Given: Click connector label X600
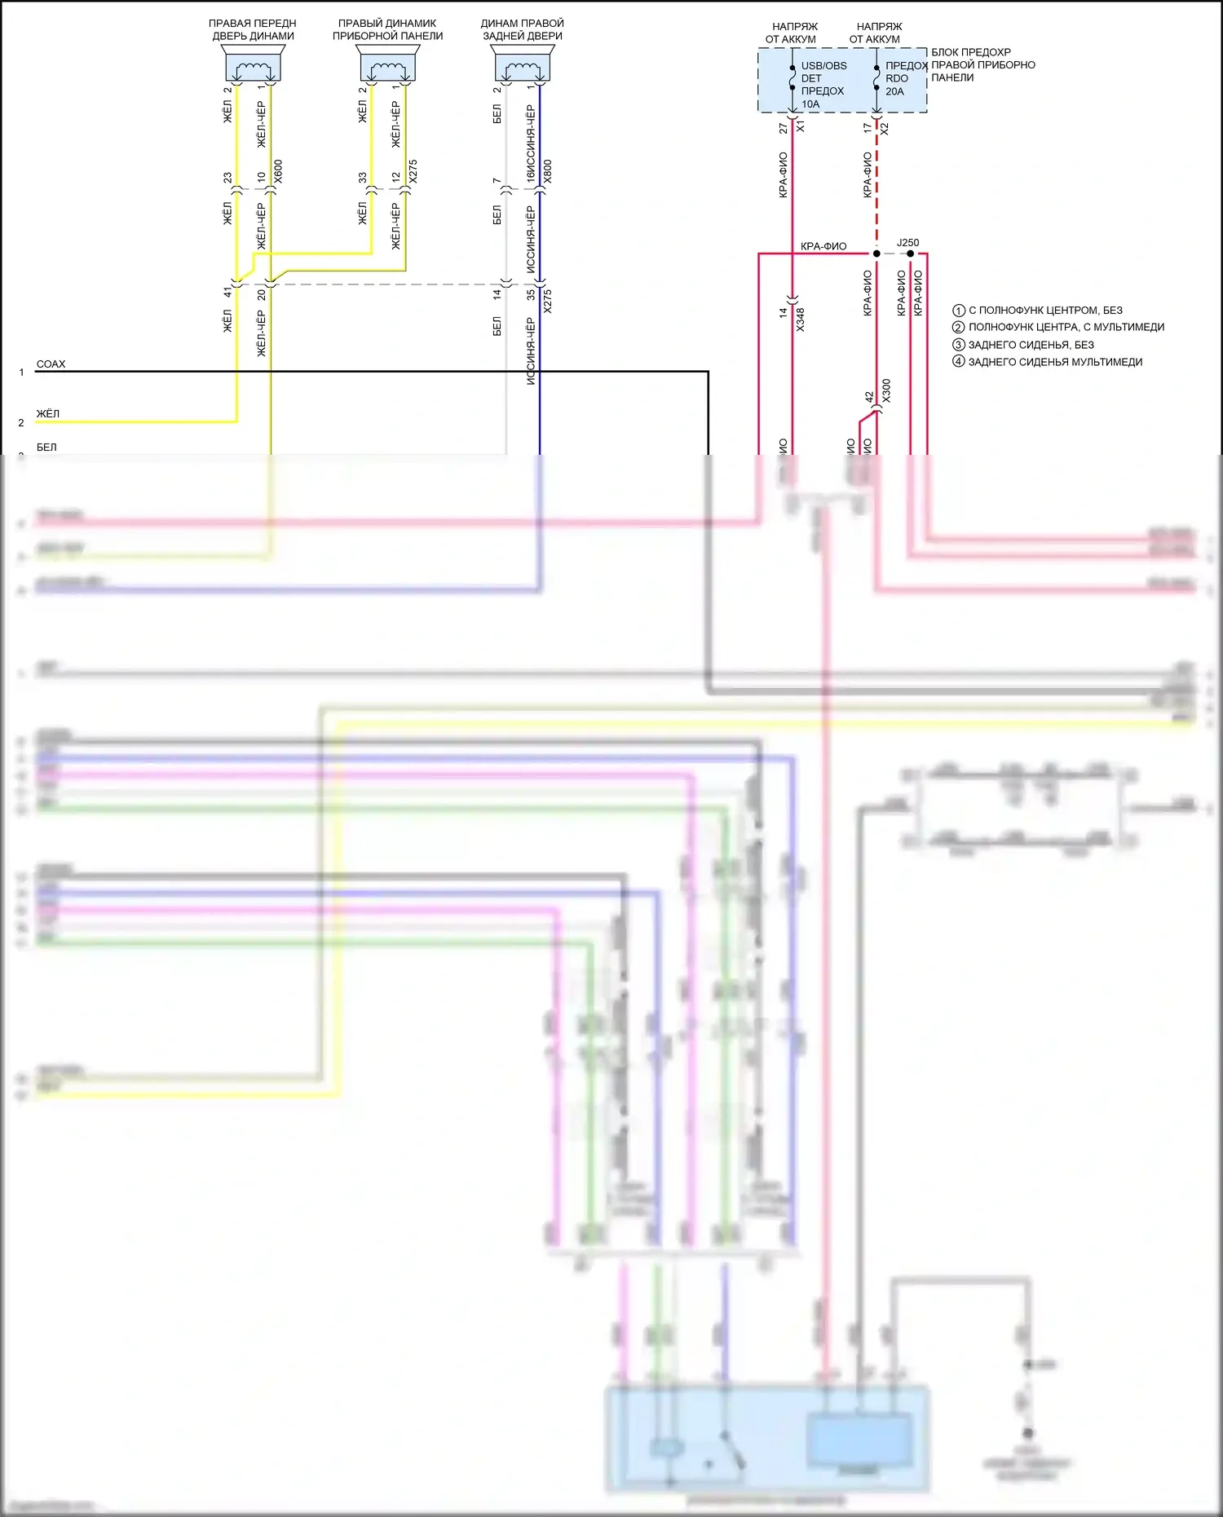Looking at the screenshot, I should (x=279, y=171).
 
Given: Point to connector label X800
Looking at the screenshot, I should (x=548, y=171).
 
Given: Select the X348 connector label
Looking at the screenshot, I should (x=801, y=319).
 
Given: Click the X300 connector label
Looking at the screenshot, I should (x=886, y=390).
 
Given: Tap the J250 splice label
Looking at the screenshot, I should (x=907, y=243).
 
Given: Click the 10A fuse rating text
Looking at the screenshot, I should (x=810, y=104).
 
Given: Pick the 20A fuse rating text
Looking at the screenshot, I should (x=894, y=91).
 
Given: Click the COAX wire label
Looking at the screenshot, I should (x=51, y=364).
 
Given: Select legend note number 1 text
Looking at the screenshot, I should (x=1045, y=311).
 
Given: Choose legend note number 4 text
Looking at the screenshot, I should (x=1055, y=362).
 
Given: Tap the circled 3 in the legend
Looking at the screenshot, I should (x=959, y=345).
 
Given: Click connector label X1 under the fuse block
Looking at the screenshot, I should (x=801, y=127).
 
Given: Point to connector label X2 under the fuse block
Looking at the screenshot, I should (x=885, y=128).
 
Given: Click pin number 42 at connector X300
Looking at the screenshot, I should (x=869, y=396).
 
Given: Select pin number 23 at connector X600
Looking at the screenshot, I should (x=228, y=177).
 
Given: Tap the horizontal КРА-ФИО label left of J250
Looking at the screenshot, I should (x=823, y=246).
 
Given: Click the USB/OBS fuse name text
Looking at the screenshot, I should (x=823, y=66).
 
